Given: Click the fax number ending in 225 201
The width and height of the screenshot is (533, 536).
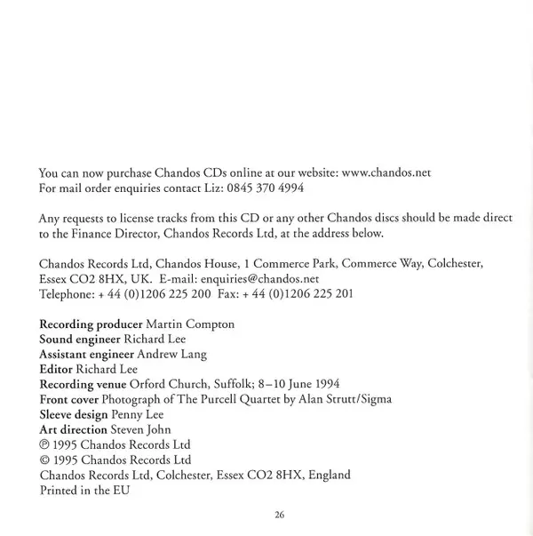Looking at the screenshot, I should (x=307, y=293).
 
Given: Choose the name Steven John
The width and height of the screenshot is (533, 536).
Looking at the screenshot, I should (x=140, y=430).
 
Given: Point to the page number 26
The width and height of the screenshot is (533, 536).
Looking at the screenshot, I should (x=279, y=515).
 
